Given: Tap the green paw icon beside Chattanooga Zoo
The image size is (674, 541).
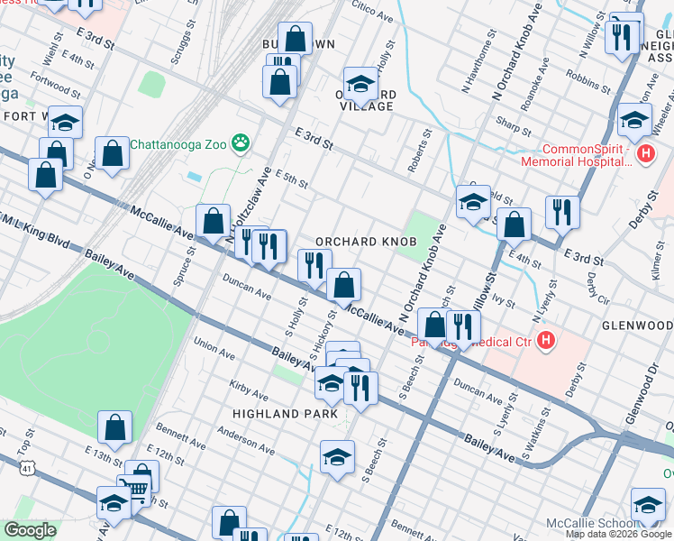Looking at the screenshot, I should click(241, 142).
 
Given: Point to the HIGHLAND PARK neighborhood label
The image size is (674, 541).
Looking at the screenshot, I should click(278, 413).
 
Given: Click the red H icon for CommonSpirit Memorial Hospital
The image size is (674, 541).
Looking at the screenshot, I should click(645, 154).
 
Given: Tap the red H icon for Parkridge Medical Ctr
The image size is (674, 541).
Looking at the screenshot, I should click(544, 340).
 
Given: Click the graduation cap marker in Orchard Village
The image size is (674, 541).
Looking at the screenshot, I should click(360, 85).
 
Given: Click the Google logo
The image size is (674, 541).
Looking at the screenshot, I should click(30, 530).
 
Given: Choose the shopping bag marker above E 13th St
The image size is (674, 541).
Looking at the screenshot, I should click(114, 429).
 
